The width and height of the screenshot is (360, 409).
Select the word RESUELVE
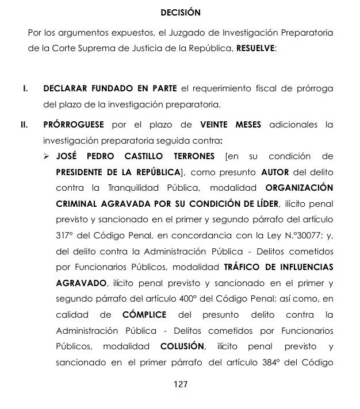255,49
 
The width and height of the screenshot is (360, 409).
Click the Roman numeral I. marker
25,89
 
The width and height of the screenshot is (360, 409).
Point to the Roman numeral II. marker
25,125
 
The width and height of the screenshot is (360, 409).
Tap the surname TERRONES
193,157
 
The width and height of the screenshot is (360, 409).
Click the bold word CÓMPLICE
145,315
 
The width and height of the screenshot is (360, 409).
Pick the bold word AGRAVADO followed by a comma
82,283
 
